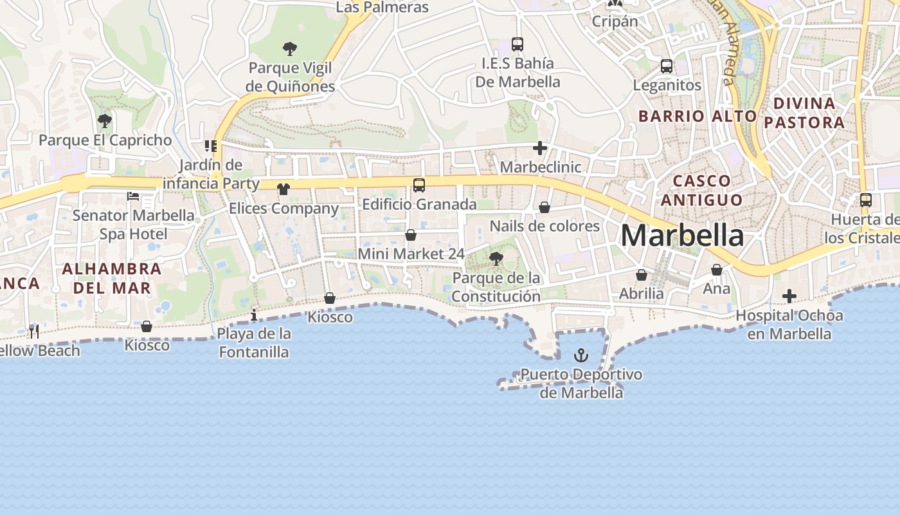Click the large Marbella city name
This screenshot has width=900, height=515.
coord(682,236)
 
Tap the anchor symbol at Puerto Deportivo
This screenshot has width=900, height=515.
coord(581,355)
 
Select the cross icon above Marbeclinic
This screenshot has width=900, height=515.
coord(540,149)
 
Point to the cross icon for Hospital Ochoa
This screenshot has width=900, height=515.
coord(789,296)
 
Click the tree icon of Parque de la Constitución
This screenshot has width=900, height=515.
coord(496,259)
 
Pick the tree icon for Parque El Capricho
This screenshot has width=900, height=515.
coord(104,120)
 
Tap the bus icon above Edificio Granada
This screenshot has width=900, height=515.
coord(419,185)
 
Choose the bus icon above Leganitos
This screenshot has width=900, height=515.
coord(667,66)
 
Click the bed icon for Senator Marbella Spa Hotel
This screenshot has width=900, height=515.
coord(133,196)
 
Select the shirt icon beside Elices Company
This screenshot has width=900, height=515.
coord(283,189)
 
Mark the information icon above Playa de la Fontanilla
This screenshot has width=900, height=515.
coord(254,315)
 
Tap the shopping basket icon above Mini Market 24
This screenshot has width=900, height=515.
coord(411,235)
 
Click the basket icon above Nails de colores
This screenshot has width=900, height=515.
coord(544,207)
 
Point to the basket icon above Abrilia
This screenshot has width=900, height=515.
coord(642,275)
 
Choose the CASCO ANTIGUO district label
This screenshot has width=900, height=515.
coord(701,190)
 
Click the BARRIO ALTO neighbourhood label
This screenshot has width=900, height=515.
coord(697,116)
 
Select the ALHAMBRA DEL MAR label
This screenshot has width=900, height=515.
coord(112,278)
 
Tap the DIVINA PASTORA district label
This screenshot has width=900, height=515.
coord(808,113)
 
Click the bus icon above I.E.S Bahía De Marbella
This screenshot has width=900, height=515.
coord(517,44)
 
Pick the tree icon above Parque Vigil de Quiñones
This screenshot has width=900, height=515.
coord(290,48)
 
